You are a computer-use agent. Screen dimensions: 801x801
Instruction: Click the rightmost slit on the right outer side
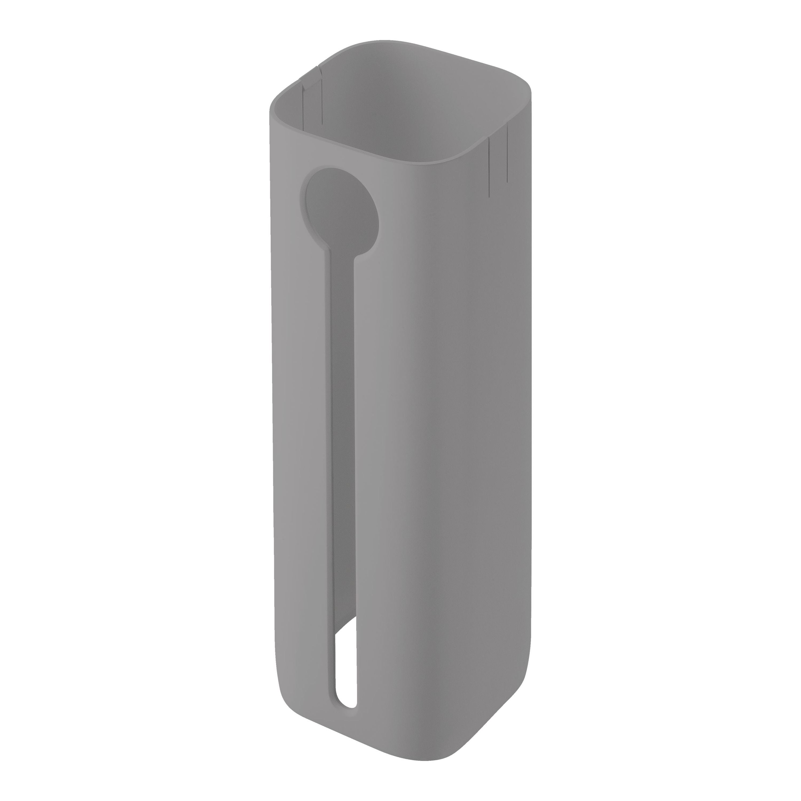click(x=507, y=154)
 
